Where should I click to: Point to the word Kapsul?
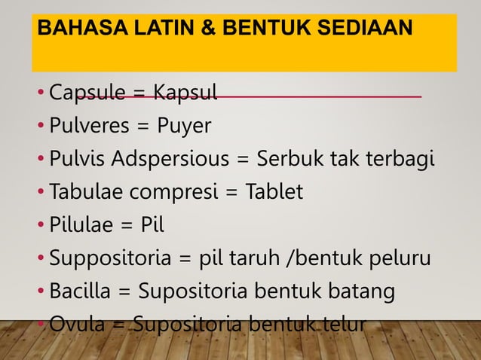click(x=185, y=94)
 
